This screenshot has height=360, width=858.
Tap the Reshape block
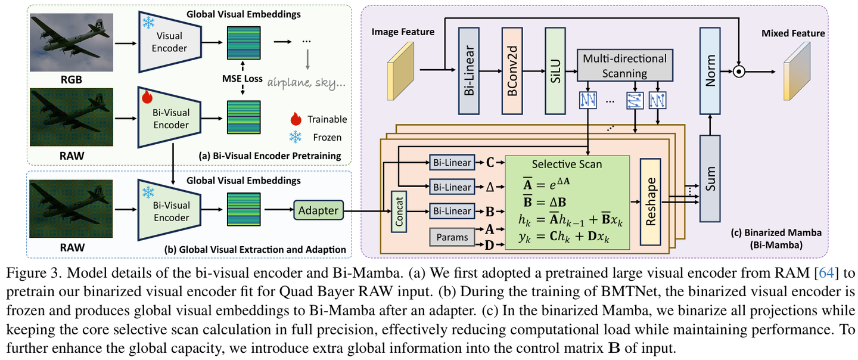pyautogui.click(x=651, y=202)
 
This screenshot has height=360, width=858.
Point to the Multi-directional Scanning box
pyautogui.click(x=624, y=66)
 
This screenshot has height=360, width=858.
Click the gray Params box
pyautogui.click(x=452, y=237)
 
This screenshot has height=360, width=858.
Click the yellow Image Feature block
pyautogui.click(x=400, y=70)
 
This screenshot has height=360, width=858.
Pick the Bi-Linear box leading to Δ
pyautogui.click(x=452, y=187)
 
